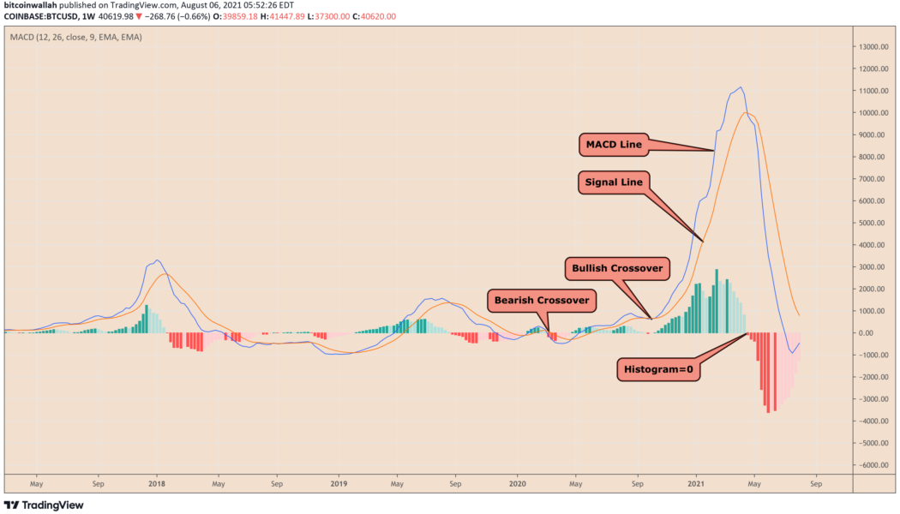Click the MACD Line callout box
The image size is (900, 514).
614,145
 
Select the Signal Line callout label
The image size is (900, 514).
614,182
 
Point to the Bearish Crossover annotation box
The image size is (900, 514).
540,301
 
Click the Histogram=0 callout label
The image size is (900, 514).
656,370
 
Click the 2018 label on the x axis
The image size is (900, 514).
157,483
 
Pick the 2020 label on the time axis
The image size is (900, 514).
517,483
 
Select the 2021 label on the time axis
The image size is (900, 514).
696,483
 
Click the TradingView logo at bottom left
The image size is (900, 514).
45,505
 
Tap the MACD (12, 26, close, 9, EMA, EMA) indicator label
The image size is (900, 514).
75,38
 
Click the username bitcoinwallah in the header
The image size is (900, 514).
32,6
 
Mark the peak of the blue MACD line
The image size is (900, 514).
741,87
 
